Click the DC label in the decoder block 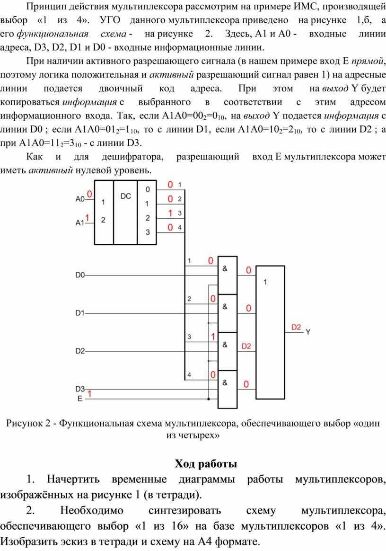tap(126, 196)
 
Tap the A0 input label tap(80, 199)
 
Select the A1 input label tap(80, 223)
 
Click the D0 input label tap(80, 275)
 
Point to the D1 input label tap(80, 313)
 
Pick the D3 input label tap(80, 389)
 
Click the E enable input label tap(80, 399)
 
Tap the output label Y tap(307, 332)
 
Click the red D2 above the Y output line tap(296, 327)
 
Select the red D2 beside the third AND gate tap(246, 346)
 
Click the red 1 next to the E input tap(89, 393)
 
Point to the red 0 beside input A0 tap(89, 194)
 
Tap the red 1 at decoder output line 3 tap(170, 213)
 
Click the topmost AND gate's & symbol tap(225, 269)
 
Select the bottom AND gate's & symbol tap(225, 382)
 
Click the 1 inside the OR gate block tap(265, 282)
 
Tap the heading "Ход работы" tap(206, 464)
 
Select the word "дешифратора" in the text tap(132, 157)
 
